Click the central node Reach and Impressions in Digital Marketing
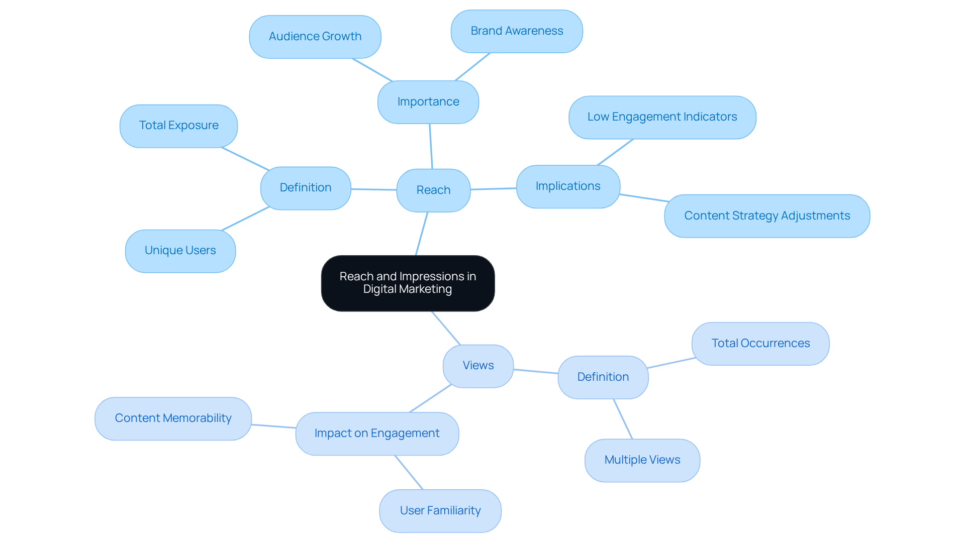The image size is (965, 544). (x=408, y=283)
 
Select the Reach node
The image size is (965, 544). (x=433, y=190)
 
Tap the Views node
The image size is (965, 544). (x=478, y=366)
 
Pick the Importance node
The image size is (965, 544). (x=428, y=102)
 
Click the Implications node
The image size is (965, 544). (x=568, y=186)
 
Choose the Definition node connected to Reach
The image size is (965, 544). (x=306, y=188)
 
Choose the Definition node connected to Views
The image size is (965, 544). (x=603, y=377)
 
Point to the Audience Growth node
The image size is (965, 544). (x=315, y=37)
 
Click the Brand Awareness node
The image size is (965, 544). (x=517, y=31)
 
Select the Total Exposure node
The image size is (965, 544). (x=178, y=126)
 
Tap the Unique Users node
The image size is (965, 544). (x=180, y=251)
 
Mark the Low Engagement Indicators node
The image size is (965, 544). (x=662, y=117)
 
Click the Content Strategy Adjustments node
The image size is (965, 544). (x=767, y=216)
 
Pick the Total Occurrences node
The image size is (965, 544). (x=760, y=344)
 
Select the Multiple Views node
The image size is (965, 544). (x=642, y=460)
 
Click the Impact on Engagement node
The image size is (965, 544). (x=377, y=433)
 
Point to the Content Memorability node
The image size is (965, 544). (x=173, y=418)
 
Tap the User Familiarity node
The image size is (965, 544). (x=440, y=511)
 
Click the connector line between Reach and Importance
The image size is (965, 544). (x=431, y=146)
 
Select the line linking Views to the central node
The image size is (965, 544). (x=446, y=328)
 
